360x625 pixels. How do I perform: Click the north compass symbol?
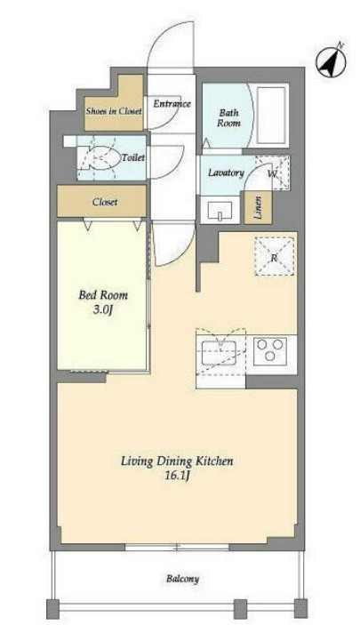point(332,61)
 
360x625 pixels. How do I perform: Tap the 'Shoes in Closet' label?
point(114,111)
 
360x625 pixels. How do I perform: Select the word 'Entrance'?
point(172,104)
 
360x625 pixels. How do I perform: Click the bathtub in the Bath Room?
point(271,115)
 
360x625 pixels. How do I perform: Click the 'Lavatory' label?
point(226,172)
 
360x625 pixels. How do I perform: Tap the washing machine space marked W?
point(272,172)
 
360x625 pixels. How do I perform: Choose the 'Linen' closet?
point(259,207)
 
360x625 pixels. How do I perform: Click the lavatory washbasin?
point(220,210)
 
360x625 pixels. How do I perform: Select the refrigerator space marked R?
point(275,256)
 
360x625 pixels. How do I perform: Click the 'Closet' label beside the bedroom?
point(105,202)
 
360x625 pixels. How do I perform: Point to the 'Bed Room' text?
point(103,295)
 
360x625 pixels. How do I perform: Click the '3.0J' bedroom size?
point(104,309)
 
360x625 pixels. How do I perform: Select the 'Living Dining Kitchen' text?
point(177,461)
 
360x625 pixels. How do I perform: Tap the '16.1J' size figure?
point(177,476)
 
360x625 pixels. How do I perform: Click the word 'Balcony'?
point(182,579)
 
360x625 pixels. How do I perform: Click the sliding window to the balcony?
point(177,547)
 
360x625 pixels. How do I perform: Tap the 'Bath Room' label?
point(228,118)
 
